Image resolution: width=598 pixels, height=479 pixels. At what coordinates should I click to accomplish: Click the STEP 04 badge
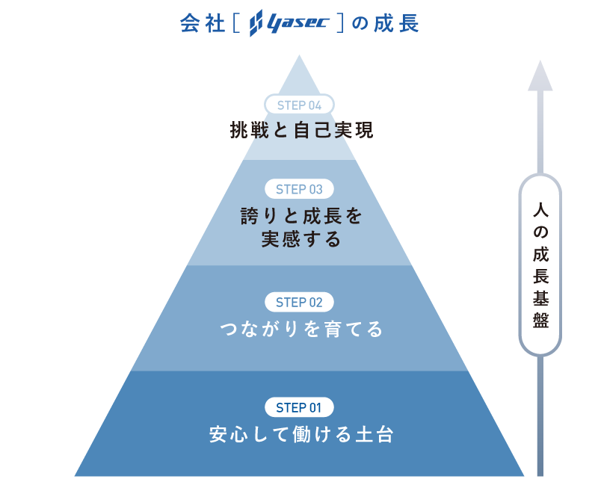coord(299,105)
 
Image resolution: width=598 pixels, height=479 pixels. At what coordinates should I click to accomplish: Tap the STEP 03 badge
coord(299,190)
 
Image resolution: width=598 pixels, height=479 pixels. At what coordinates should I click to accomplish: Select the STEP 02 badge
coord(299,303)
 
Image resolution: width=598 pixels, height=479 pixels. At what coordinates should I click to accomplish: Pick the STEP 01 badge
coord(299,408)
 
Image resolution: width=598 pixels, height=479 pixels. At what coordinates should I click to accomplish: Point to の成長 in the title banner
coord(385,24)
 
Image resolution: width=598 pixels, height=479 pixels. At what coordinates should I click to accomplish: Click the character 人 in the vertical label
coord(540,211)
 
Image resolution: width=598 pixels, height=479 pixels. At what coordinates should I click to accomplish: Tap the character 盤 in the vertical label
coord(540,321)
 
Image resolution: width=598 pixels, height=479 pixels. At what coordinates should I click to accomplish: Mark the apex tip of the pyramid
coord(300,56)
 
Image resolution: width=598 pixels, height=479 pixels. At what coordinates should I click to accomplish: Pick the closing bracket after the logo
coord(339,24)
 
